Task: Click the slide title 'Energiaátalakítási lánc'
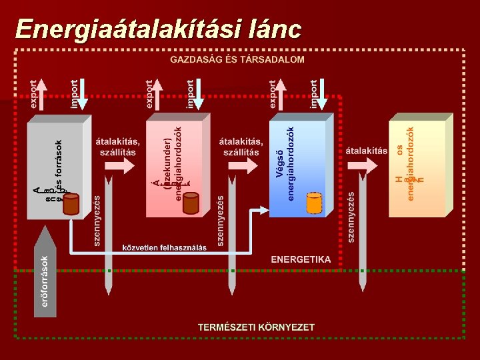pyautogui.click(x=159, y=29)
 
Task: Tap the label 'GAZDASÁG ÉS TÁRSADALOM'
pyautogui.click(x=237, y=59)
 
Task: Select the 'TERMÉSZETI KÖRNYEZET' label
pyautogui.click(x=256, y=327)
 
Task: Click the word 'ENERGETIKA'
pyautogui.click(x=301, y=259)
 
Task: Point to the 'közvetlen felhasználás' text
pyautogui.click(x=164, y=247)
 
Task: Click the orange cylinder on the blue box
pyautogui.click(x=314, y=203)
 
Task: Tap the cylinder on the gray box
pyautogui.click(x=71, y=204)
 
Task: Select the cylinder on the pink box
pyautogui.click(x=191, y=203)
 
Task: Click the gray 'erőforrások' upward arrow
pyautogui.click(x=45, y=273)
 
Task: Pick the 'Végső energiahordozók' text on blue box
pyautogui.click(x=285, y=163)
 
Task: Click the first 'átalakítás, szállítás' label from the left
pyautogui.click(x=118, y=147)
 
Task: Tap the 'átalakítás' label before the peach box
pyautogui.click(x=366, y=151)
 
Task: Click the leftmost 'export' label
pyautogui.click(x=35, y=94)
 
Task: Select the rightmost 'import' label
pyautogui.click(x=313, y=94)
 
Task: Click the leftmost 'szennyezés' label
pyautogui.click(x=97, y=220)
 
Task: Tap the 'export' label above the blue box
pyautogui.click(x=273, y=94)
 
